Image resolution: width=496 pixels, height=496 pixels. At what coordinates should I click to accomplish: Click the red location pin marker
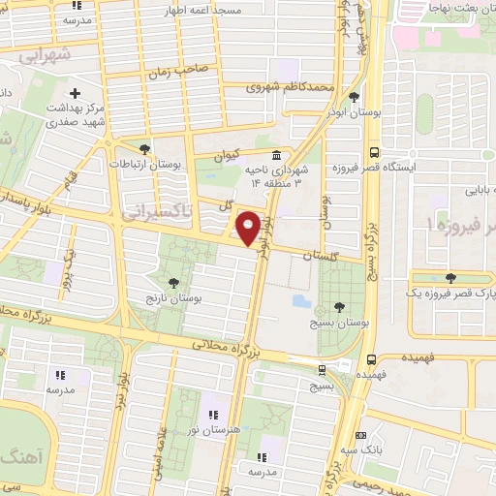pos(248,229)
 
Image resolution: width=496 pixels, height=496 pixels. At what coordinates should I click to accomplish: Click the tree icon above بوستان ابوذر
pos(355,96)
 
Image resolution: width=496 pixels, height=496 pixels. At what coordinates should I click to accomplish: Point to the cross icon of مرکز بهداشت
pos(75,94)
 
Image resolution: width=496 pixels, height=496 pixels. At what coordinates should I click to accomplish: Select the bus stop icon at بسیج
pos(322,368)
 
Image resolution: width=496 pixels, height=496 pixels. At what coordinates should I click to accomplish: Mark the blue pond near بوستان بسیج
pos(300,302)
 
